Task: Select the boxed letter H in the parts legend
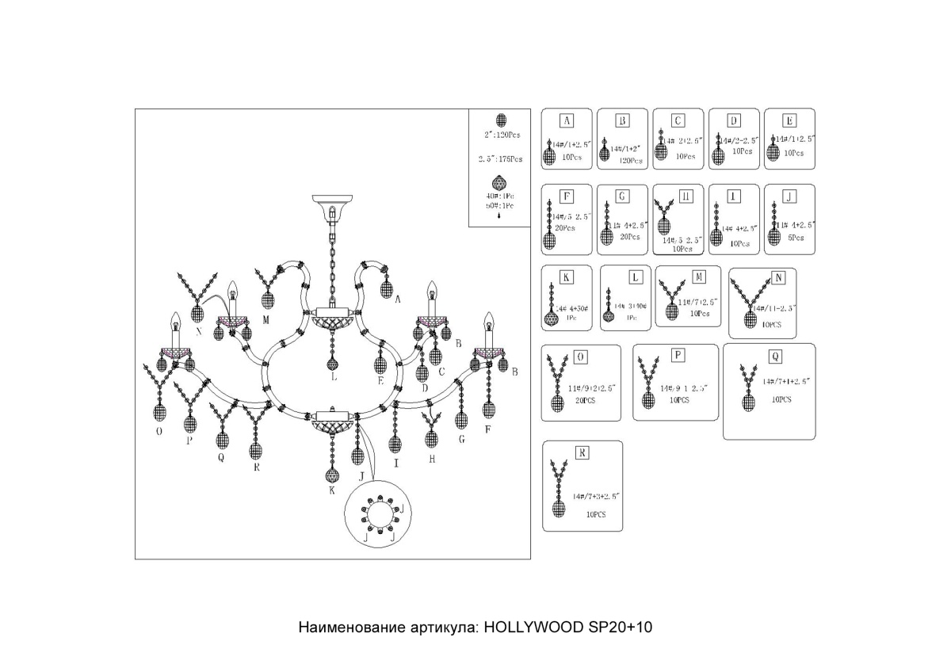click(x=686, y=196)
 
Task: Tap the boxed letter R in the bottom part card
click(x=582, y=453)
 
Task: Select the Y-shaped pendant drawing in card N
click(x=750, y=303)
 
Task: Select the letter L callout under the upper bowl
click(x=334, y=378)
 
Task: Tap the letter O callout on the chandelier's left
click(x=160, y=431)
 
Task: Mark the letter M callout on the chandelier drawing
click(x=266, y=320)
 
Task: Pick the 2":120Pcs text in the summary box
click(x=501, y=136)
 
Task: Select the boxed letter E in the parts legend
click(x=789, y=120)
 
